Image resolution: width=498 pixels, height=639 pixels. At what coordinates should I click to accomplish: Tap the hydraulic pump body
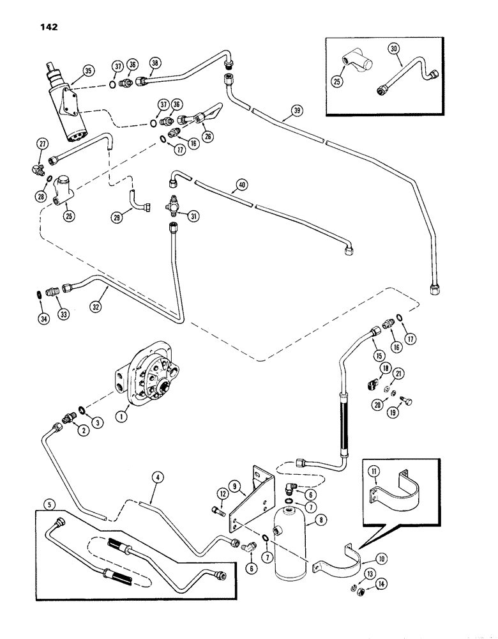tap(153, 383)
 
